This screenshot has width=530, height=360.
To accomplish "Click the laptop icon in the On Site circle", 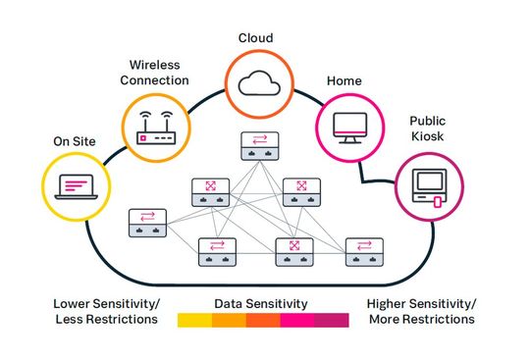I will [75, 184].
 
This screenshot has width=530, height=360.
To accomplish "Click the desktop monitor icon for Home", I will [348, 125].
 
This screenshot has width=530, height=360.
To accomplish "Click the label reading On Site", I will [75, 141].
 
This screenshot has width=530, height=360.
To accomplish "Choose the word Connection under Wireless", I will [154, 79].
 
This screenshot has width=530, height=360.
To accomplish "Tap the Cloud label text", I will [255, 38].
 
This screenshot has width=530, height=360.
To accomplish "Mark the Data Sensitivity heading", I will [262, 303].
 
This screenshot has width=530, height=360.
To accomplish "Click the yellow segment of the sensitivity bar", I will [194, 320].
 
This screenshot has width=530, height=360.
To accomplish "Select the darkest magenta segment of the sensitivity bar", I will [331, 320].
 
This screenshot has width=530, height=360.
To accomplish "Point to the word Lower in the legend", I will [73, 304].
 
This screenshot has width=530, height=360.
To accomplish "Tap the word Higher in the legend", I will [389, 304].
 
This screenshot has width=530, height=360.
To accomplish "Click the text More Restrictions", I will [421, 319].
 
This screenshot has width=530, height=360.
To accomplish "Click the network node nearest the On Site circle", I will [145, 222].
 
